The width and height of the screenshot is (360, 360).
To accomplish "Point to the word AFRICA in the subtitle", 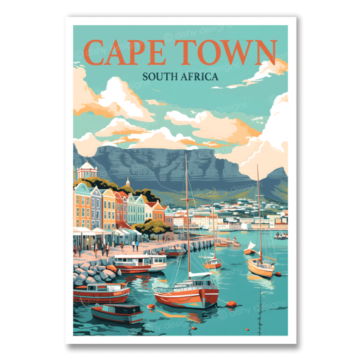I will (x=200, y=78).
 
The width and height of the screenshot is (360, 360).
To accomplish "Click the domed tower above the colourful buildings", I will (x=86, y=171).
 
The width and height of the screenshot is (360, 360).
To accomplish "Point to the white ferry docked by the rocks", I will (x=139, y=262).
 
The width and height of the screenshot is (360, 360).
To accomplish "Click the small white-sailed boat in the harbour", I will (x=250, y=248).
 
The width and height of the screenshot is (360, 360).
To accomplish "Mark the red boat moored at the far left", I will (x=101, y=292).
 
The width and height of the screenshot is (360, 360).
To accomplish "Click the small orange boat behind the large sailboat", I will (x=211, y=263).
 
